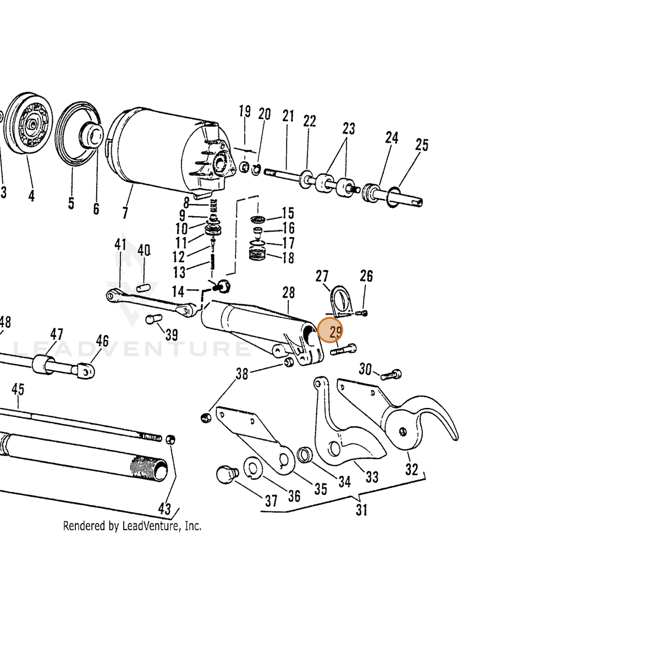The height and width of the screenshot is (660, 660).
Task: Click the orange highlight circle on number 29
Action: coord(330,330)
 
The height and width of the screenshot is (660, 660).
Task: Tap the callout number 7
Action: coord(125,213)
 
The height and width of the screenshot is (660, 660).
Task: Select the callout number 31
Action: coord(362,510)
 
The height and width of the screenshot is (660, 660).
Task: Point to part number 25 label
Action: coord(422,145)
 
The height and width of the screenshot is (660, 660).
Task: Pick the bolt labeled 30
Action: coord(391,375)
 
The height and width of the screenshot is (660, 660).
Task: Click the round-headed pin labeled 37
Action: coord(227,474)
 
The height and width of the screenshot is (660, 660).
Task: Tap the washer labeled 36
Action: coord(253,468)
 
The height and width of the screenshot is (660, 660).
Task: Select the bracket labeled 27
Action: coord(341,301)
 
